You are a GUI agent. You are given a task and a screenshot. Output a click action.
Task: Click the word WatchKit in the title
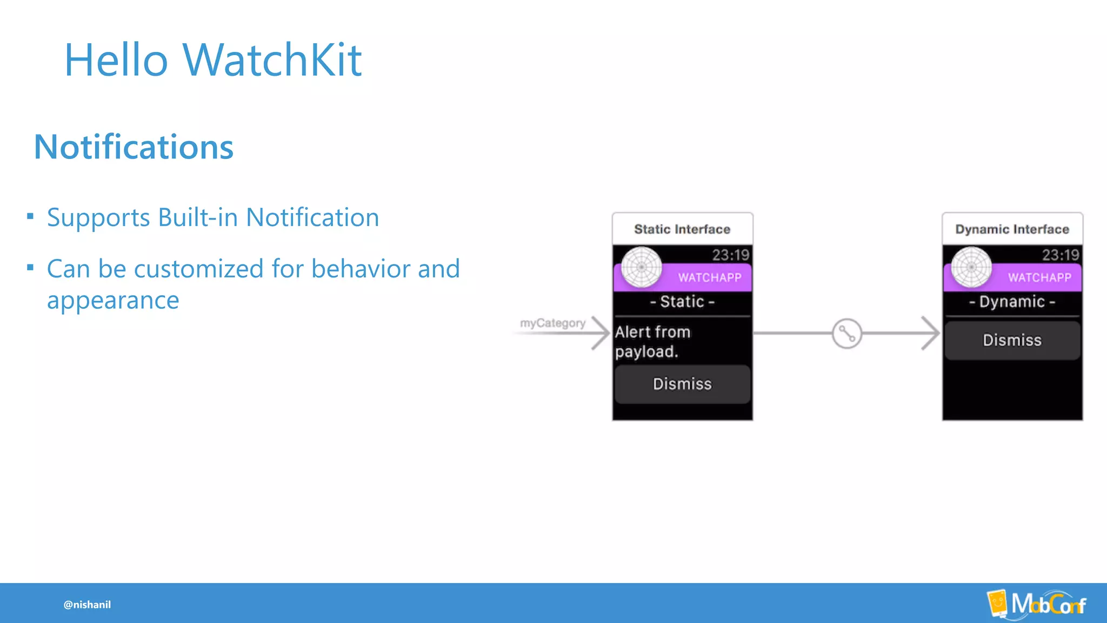(272, 59)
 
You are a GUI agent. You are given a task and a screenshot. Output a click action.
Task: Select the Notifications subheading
(134, 147)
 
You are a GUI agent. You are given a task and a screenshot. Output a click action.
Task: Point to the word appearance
(113, 301)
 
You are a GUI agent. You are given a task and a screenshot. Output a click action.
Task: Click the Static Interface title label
(682, 229)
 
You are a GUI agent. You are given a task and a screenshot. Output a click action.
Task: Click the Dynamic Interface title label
(1012, 229)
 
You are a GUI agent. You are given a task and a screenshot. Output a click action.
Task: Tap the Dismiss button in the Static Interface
(682, 384)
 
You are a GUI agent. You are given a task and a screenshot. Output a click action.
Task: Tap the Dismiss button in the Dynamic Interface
(1012, 340)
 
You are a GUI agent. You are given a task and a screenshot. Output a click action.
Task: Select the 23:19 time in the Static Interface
(730, 255)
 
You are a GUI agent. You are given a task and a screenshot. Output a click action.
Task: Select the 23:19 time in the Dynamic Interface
(1060, 255)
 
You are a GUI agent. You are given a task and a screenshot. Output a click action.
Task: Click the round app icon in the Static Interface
(642, 267)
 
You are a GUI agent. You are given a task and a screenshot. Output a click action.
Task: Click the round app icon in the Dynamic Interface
(971, 267)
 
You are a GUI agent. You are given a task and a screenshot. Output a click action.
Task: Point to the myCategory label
(552, 323)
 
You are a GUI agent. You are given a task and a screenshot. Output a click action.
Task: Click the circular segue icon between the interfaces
(846, 334)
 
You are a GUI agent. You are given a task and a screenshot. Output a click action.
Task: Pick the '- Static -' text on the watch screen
(682, 302)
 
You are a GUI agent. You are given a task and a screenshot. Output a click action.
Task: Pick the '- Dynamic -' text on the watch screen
(1012, 302)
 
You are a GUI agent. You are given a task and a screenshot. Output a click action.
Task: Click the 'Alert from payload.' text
(652, 342)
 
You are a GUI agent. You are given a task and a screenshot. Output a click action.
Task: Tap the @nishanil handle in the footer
(87, 605)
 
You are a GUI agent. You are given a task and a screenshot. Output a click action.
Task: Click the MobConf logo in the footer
(1037, 604)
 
